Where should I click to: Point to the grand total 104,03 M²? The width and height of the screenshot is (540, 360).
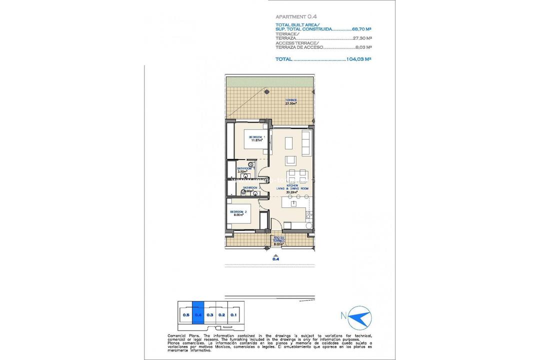click(x=359, y=59)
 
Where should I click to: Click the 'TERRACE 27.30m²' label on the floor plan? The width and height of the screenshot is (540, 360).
click(x=290, y=101)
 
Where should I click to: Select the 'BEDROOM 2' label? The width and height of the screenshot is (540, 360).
click(x=238, y=212)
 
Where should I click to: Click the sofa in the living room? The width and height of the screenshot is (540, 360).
click(x=307, y=142)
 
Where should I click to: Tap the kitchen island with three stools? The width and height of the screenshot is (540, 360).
click(x=294, y=202)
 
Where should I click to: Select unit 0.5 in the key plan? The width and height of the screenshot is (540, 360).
click(x=185, y=315)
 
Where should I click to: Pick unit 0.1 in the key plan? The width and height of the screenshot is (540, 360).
click(x=234, y=315)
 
